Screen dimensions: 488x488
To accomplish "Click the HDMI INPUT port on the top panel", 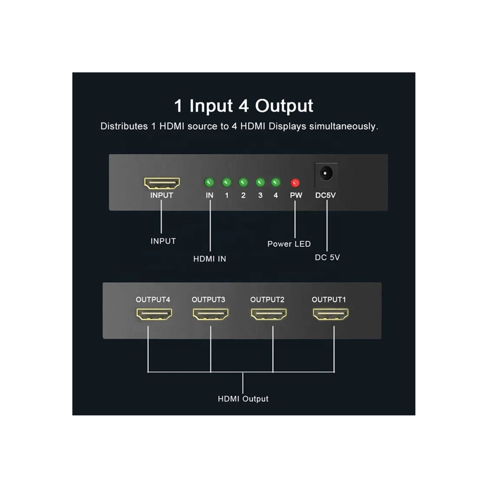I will pos(162,183).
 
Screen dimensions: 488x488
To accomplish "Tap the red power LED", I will pos(295,183).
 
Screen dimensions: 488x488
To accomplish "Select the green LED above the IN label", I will pos(209,183).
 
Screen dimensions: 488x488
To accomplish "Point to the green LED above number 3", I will pos(260,183).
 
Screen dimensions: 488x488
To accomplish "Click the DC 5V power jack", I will pos(326,173).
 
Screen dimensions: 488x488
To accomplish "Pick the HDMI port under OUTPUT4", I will pos(154,314).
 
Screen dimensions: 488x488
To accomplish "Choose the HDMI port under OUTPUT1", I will pos(331,314).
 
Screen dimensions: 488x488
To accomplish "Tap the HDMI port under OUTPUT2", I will pos(269,314).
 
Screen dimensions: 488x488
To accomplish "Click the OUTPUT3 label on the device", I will pos(208,300).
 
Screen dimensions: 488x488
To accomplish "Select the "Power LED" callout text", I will pos(289,244).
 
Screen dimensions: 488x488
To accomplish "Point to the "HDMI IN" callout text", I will pos(210,259).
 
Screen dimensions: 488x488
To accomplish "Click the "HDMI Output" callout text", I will pos(243,399).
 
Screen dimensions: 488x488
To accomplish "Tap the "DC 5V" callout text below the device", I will pos(327,257).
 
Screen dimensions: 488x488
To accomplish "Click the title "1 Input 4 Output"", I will pos(244,106).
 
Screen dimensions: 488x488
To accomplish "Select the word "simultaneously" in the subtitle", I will pos(344,127).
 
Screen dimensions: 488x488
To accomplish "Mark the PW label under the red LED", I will pos(295,195).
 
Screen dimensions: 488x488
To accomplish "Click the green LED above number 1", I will pos(227,183).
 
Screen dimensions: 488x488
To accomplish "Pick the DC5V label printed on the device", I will pos(326,195).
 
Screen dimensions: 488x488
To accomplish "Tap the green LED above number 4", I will pos(275,183).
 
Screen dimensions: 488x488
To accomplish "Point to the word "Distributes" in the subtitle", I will pos(124,127).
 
